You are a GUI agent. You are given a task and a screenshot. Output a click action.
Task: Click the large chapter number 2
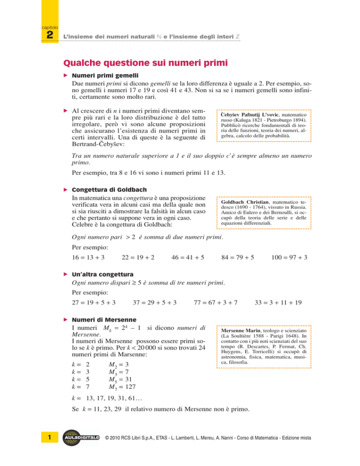pos(48,37)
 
